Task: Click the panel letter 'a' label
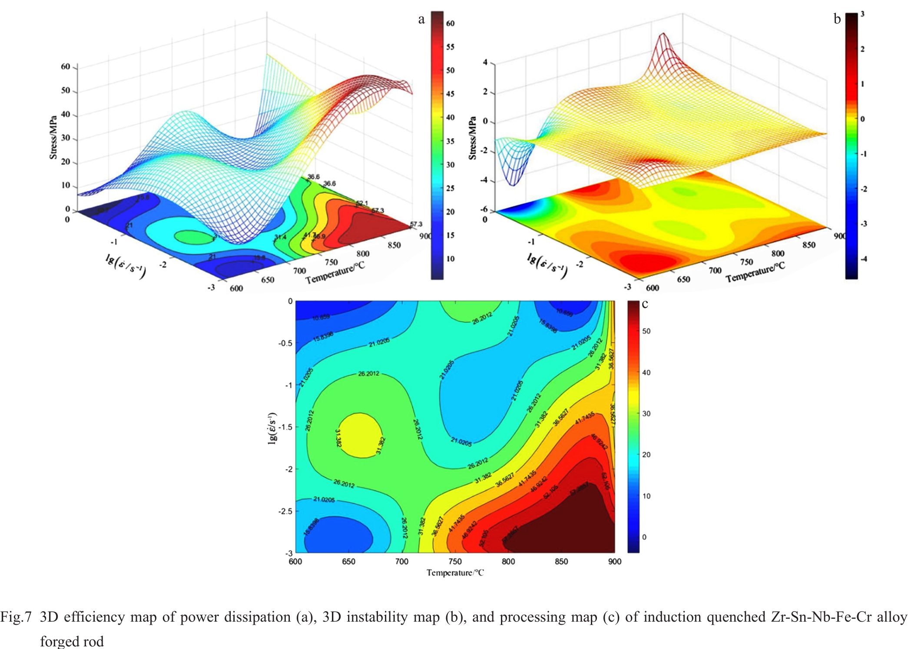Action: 421,20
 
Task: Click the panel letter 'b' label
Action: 837,20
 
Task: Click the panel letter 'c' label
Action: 645,305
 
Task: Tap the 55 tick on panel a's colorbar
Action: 450,47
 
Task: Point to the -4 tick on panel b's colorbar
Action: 864,259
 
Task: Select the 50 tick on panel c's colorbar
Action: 646,331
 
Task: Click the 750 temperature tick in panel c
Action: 455,561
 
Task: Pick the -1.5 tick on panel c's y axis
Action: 285,427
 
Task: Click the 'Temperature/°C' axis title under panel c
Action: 455,573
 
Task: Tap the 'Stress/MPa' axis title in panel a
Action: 53,137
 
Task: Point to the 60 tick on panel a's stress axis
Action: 65,66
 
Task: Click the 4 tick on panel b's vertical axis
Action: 485,63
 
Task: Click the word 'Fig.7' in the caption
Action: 16,617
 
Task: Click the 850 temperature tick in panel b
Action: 809,245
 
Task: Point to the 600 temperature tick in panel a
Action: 236,288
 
